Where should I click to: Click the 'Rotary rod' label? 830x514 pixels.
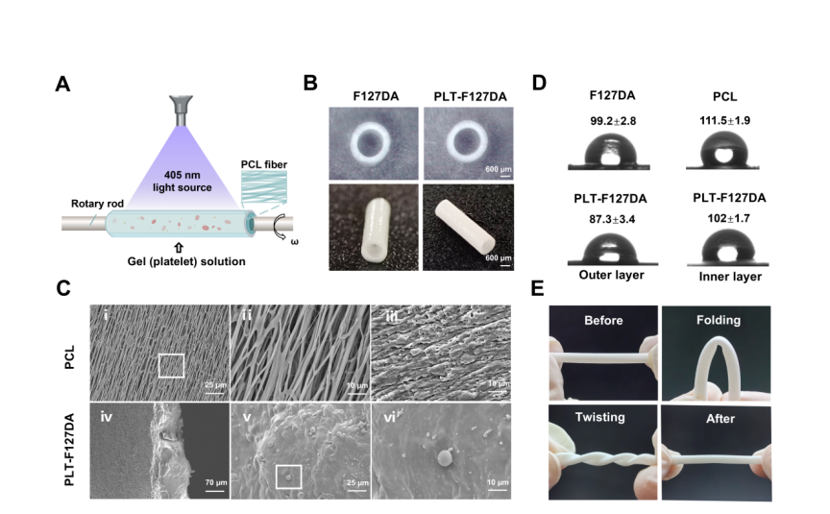(x=94, y=203)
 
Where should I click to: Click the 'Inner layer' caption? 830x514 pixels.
(x=726, y=276)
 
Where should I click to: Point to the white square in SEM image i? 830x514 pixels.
(x=171, y=365)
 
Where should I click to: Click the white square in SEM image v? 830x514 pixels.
(x=288, y=477)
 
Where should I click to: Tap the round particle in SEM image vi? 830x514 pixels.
(x=444, y=459)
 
